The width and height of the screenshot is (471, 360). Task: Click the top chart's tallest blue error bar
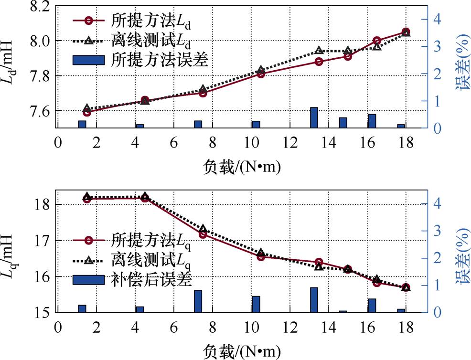[314, 117]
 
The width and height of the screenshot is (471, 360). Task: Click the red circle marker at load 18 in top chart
[406, 32]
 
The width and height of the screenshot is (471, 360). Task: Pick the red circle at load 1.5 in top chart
[86, 112]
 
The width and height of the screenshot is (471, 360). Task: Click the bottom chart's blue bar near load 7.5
[198, 301]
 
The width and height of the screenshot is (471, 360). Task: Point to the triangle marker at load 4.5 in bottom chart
[145, 197]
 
